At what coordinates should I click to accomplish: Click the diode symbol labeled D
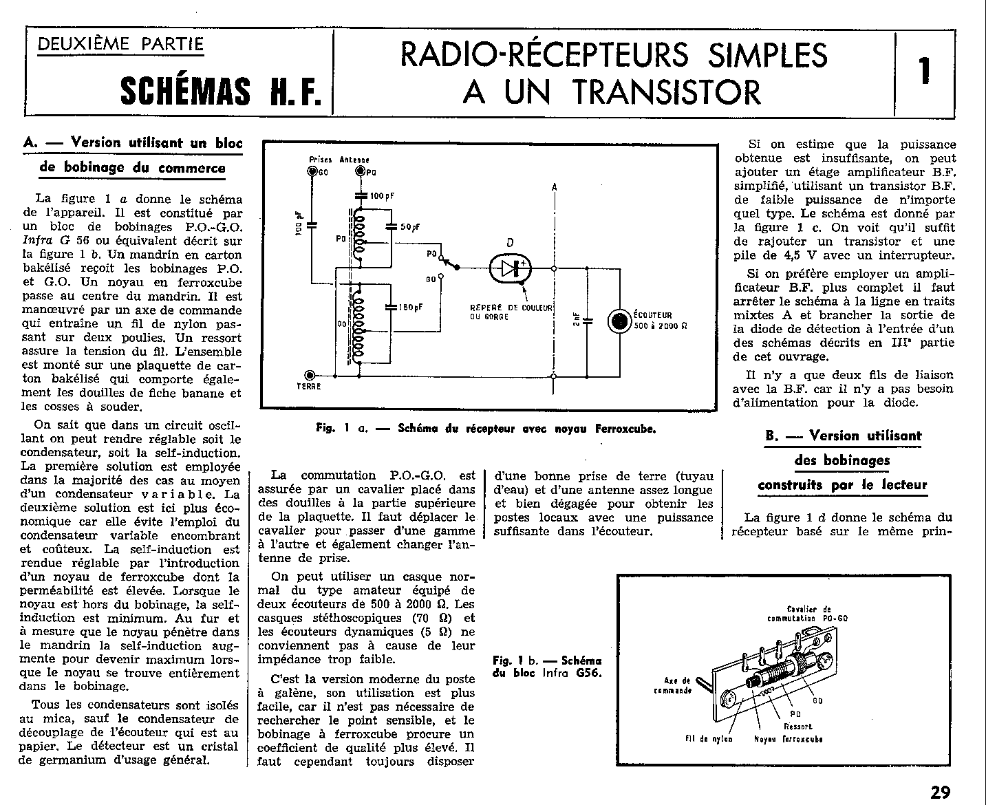510,268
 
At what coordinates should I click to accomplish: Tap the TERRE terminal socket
310,375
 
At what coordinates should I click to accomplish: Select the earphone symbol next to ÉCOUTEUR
619,321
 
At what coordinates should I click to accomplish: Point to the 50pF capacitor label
410,227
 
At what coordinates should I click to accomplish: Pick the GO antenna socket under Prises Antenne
312,171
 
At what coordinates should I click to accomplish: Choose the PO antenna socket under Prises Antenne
360,171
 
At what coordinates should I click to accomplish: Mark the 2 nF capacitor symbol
587,321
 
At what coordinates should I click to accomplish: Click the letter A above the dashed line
555,187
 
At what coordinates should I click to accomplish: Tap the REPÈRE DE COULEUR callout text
511,312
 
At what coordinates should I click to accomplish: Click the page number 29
940,792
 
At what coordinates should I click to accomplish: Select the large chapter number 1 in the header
924,71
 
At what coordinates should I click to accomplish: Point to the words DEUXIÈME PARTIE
120,45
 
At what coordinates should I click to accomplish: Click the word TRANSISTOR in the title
667,92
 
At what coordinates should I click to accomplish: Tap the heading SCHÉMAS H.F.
221,91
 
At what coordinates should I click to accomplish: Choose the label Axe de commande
673,685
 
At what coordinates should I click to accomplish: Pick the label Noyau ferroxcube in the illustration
789,739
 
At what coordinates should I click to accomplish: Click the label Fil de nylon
709,739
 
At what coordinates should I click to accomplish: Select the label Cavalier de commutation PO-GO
807,613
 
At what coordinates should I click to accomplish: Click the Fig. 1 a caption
486,429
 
